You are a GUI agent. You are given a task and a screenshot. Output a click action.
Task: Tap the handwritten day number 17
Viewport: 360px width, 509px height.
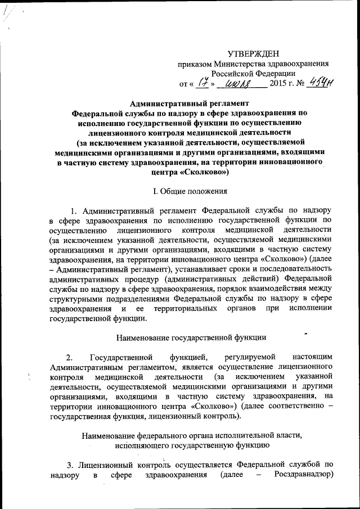209,84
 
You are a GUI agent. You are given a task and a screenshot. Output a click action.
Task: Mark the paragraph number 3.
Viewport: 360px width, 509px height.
70,465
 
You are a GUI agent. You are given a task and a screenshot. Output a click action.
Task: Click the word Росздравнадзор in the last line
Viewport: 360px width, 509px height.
304,475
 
